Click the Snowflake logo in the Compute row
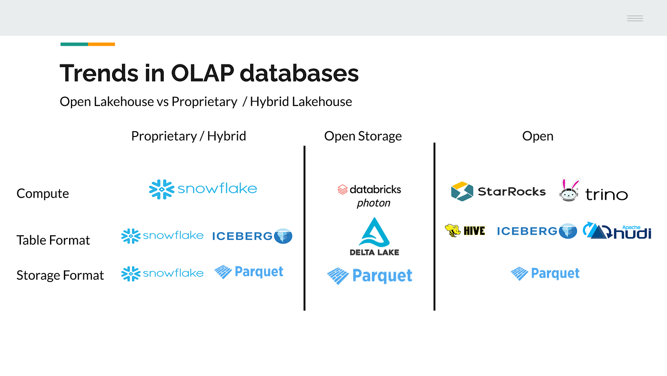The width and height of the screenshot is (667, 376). pyautogui.click(x=203, y=189)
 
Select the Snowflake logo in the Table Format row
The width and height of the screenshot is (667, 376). pyautogui.click(x=162, y=236)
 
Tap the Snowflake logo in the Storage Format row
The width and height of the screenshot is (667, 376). pyautogui.click(x=162, y=273)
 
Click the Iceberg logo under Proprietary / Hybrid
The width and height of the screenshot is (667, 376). pyautogui.click(x=252, y=236)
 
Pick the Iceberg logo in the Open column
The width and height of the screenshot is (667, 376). pyautogui.click(x=537, y=231)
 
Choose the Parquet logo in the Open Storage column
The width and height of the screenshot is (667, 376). pyautogui.click(x=370, y=276)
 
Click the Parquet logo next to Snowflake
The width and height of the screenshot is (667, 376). pyautogui.click(x=249, y=272)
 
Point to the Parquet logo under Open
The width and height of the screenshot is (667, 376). pyautogui.click(x=545, y=273)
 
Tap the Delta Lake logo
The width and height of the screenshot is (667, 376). pyautogui.click(x=374, y=237)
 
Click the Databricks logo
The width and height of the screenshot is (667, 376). pyautogui.click(x=369, y=189)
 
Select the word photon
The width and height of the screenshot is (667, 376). pyautogui.click(x=374, y=203)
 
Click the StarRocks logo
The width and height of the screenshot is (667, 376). pyautogui.click(x=498, y=191)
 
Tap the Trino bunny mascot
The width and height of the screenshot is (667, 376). pyautogui.click(x=570, y=190)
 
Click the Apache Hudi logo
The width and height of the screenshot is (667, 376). pyautogui.click(x=617, y=231)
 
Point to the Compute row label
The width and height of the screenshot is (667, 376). pyautogui.click(x=43, y=194)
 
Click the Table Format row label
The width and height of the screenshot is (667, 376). pyautogui.click(x=53, y=240)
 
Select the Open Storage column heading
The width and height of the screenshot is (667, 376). pyautogui.click(x=363, y=136)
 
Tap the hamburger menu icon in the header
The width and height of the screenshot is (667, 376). pyautogui.click(x=635, y=19)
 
